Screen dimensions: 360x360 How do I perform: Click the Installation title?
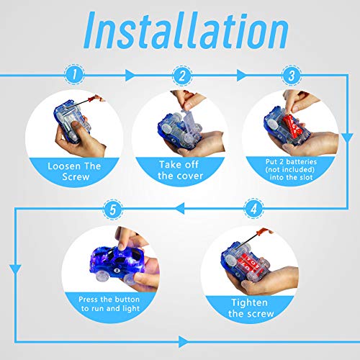click(186, 30)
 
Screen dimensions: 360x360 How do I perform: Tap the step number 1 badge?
click(74, 74)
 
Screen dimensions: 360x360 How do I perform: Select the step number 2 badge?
click(182, 76)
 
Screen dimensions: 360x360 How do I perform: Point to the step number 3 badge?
click(292, 76)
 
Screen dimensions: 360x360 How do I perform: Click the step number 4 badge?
click(254, 208)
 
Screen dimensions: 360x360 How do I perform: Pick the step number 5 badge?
click(113, 209)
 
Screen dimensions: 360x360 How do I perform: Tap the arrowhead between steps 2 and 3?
click(242, 76)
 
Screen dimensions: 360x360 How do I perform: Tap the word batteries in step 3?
click(302, 162)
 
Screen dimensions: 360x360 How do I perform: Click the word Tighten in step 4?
click(249, 303)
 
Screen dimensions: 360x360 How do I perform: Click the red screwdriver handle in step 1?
click(96, 98)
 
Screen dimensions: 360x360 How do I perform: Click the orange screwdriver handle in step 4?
click(264, 232)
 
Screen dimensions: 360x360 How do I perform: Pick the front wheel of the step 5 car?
click(104, 275)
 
